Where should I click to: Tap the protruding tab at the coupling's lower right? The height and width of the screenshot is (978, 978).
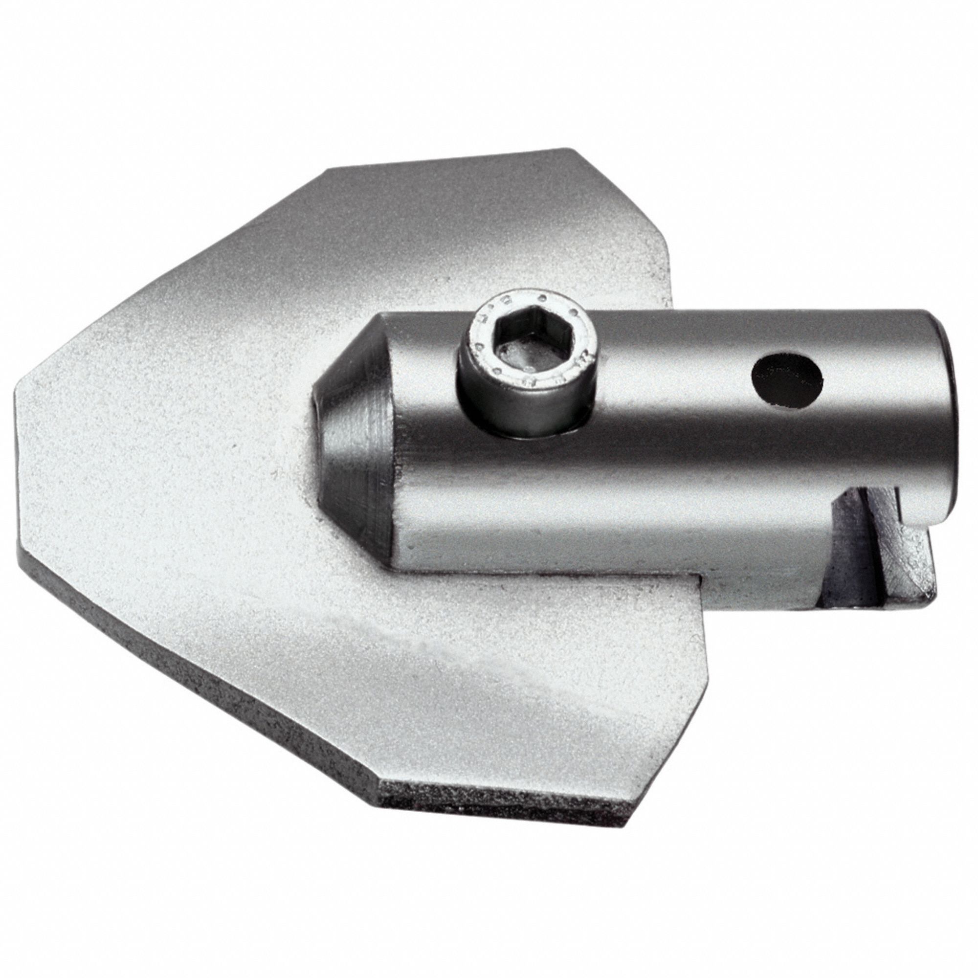pyautogui.click(x=916, y=577)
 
